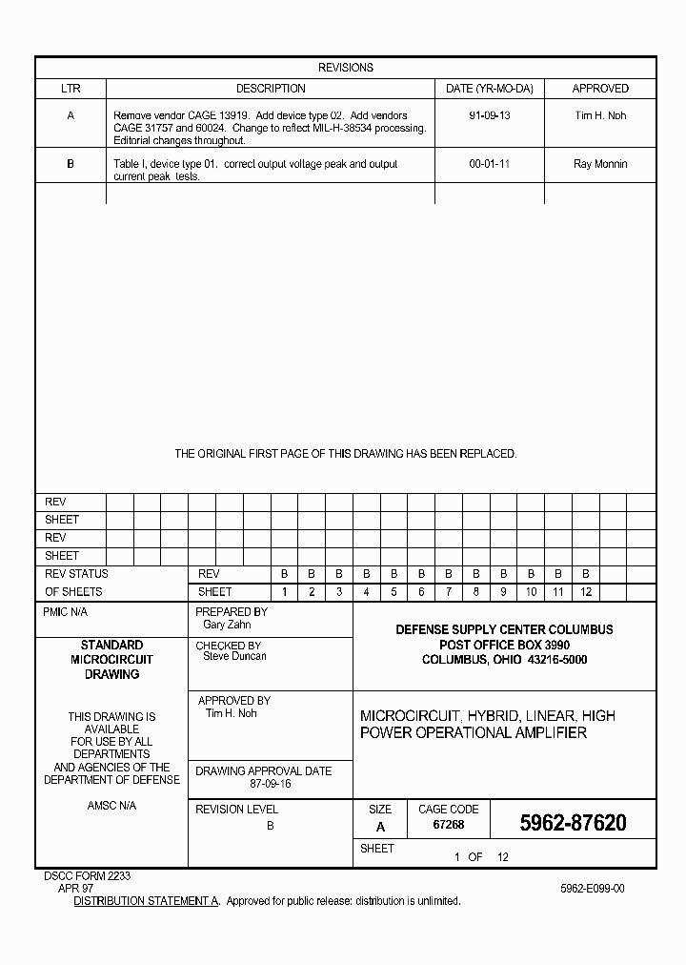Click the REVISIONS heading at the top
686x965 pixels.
[345, 68]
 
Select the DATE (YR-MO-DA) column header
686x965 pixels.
[489, 89]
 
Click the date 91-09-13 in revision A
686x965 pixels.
[489, 115]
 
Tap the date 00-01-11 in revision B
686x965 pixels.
[489, 164]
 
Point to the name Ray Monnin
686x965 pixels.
[600, 164]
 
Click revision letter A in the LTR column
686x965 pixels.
[71, 115]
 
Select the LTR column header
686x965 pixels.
[71, 89]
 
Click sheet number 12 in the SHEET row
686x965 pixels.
[586, 592]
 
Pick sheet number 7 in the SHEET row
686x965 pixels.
[448, 592]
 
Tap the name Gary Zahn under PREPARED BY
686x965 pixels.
[227, 625]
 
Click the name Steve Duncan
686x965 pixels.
[234, 656]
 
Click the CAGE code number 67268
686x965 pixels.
[448, 824]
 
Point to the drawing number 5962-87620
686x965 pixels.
[573, 823]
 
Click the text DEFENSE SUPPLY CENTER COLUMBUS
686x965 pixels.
[504, 629]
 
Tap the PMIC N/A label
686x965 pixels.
[65, 612]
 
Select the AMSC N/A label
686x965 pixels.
[111, 806]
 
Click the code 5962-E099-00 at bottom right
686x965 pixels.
[593, 888]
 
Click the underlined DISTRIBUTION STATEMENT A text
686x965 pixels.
[147, 900]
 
